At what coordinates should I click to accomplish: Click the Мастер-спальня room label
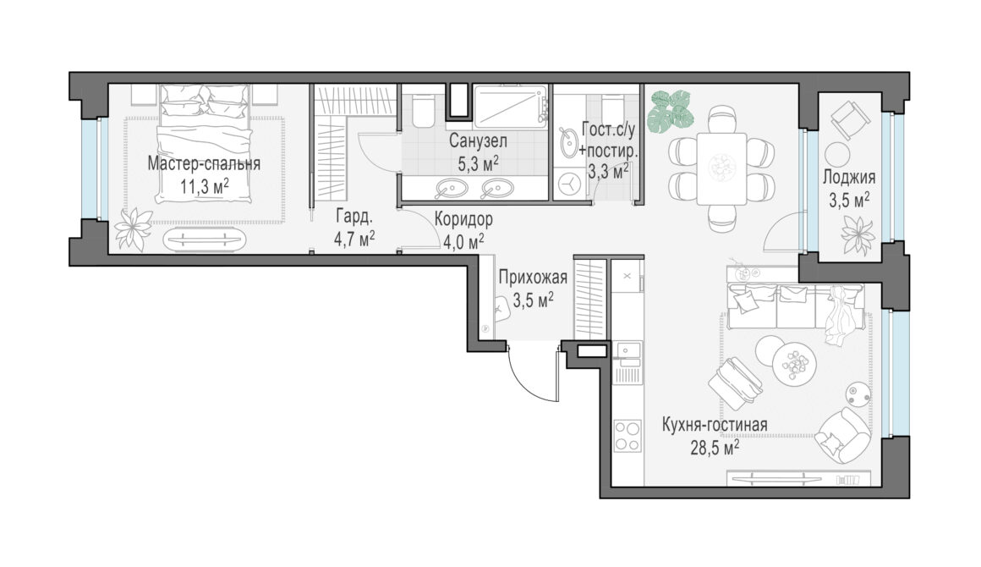(204, 164)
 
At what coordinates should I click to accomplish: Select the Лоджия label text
(849, 177)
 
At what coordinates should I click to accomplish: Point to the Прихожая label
(533, 277)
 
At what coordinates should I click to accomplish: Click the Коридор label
(463, 219)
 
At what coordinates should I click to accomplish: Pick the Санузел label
(478, 140)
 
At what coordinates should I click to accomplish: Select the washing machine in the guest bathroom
(569, 186)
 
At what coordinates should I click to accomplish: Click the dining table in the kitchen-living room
(722, 168)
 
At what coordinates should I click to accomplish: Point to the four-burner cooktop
(627, 436)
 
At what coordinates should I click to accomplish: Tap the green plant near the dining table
(671, 112)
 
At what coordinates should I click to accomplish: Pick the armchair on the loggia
(850, 120)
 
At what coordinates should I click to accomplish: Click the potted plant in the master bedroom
(134, 228)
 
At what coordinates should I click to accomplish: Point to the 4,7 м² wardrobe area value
(354, 239)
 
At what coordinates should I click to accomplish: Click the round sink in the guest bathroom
(568, 143)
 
